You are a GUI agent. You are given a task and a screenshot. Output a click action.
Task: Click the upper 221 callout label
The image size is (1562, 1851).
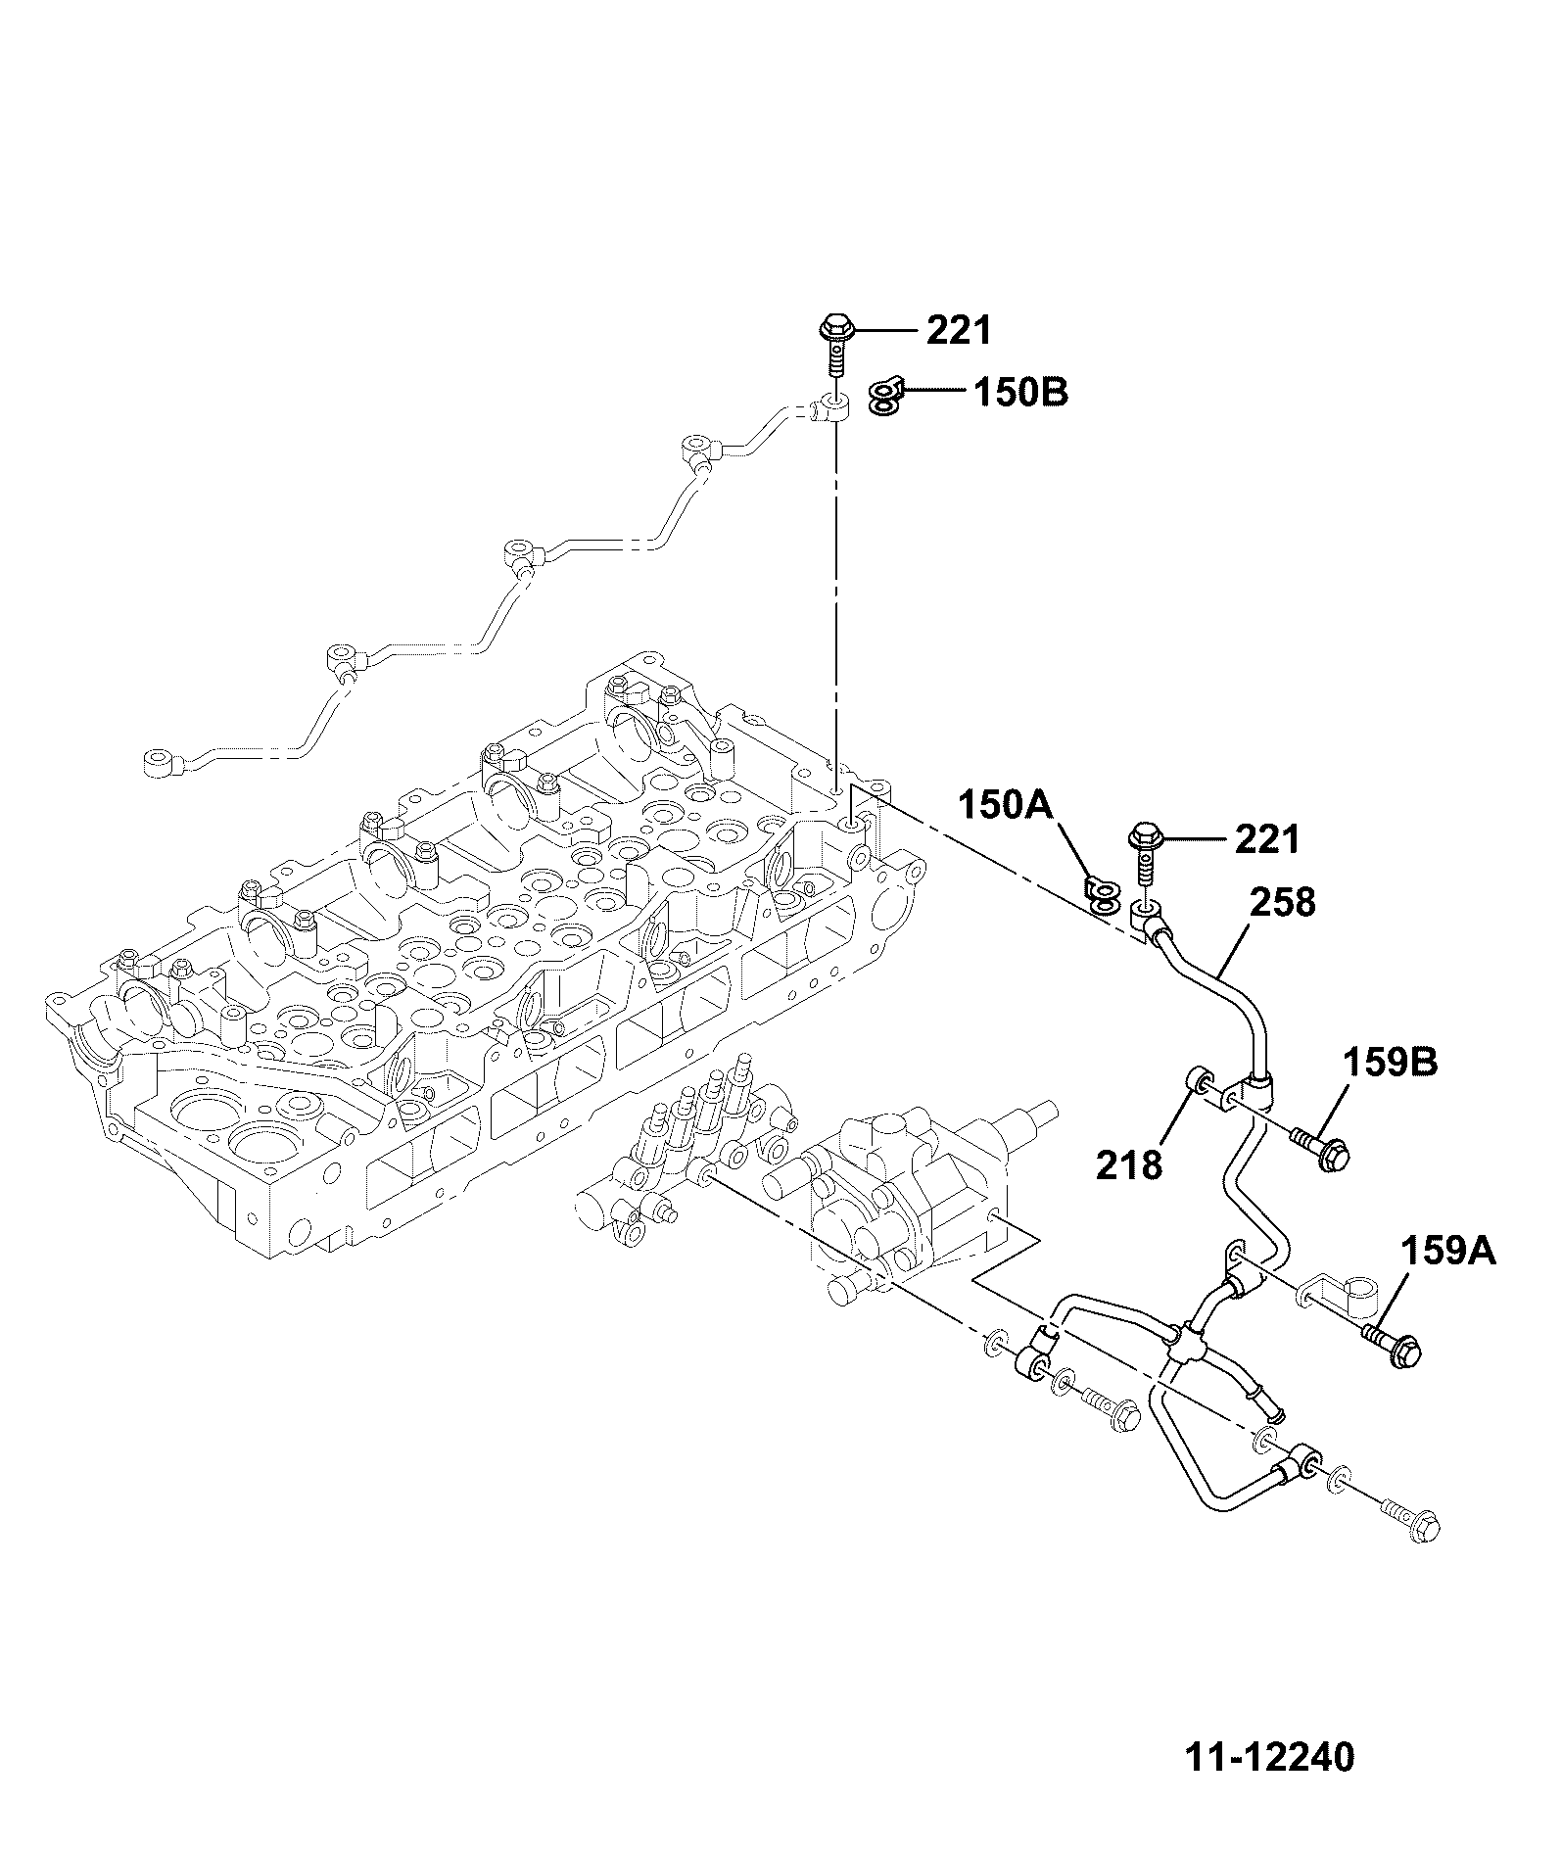click(959, 331)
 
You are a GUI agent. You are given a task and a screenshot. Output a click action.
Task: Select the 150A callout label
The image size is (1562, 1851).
click(1005, 806)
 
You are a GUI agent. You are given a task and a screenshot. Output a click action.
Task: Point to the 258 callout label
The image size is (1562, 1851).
click(1283, 902)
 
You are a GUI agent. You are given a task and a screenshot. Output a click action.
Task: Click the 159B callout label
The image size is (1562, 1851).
click(1390, 1063)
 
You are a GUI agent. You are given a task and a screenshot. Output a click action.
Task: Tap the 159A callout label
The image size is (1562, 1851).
click(1448, 1251)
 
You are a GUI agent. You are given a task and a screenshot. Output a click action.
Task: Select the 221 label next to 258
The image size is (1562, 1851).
click(1267, 839)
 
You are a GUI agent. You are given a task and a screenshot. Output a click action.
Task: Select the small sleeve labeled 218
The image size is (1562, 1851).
click(1197, 1083)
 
